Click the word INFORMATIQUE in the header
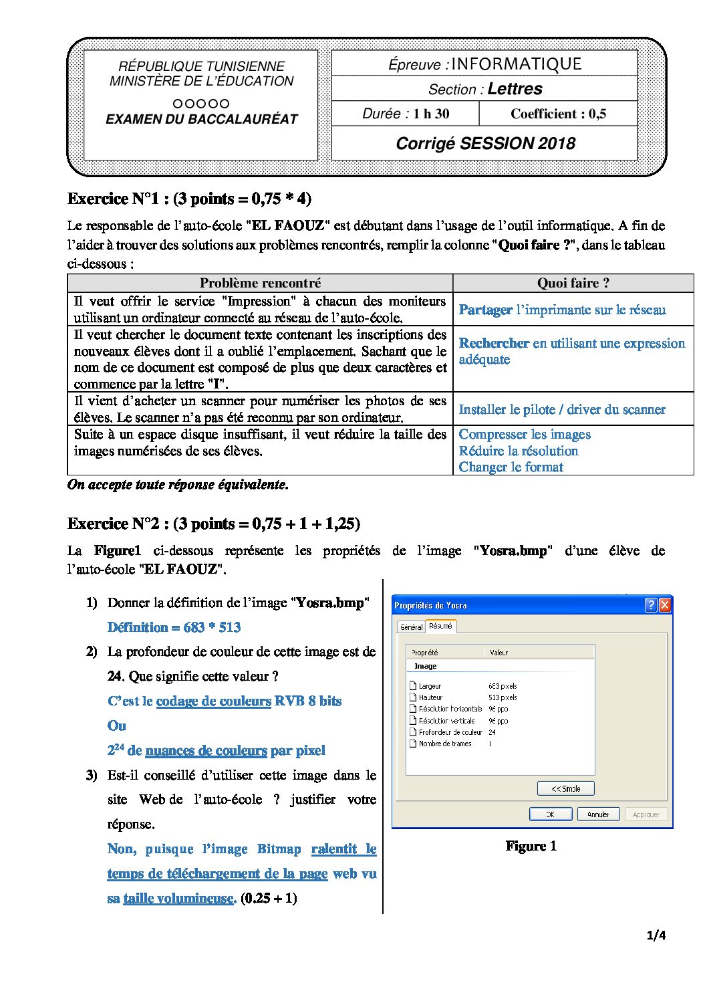pyautogui.click(x=517, y=64)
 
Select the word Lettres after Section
pyautogui.click(x=515, y=89)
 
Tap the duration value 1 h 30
pyautogui.click(x=431, y=114)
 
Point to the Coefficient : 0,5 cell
pyautogui.click(x=558, y=114)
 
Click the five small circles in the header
pyautogui.click(x=200, y=104)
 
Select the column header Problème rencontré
pyautogui.click(x=260, y=283)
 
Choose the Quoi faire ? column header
pyautogui.click(x=573, y=283)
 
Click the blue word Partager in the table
pyautogui.click(x=486, y=310)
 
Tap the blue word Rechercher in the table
pyautogui.click(x=494, y=343)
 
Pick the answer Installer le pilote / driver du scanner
pyautogui.click(x=562, y=409)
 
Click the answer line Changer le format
pyautogui.click(x=511, y=467)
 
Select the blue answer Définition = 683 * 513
pyautogui.click(x=174, y=627)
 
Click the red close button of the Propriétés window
pyautogui.click(x=664, y=605)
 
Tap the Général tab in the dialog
pyautogui.click(x=411, y=627)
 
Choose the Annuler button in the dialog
pyautogui.click(x=598, y=814)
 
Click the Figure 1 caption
pyautogui.click(x=531, y=846)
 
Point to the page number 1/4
pyautogui.click(x=656, y=935)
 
